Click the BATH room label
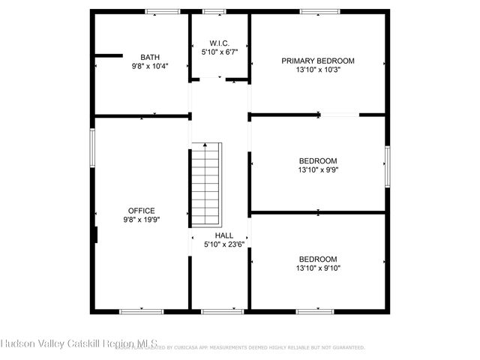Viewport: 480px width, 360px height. (x=150, y=57)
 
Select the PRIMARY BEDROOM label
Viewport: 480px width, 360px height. (x=317, y=61)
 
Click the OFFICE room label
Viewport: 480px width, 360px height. (x=141, y=211)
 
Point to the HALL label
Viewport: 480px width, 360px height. (x=223, y=235)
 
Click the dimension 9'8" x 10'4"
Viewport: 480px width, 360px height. (x=150, y=66)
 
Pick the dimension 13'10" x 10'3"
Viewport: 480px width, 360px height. (x=317, y=70)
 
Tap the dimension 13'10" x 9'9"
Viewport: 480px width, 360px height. (x=317, y=169)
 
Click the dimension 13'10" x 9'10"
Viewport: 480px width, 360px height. (x=317, y=268)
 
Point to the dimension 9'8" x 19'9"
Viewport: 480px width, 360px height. (x=141, y=220)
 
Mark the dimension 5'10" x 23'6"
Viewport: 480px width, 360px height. (x=223, y=244)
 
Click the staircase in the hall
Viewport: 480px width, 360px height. (x=206, y=184)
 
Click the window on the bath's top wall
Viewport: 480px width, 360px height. (x=162, y=11)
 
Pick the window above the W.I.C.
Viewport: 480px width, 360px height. (x=214, y=11)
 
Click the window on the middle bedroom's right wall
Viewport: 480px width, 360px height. (x=388, y=164)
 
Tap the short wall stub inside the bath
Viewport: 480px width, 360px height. (x=108, y=55)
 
